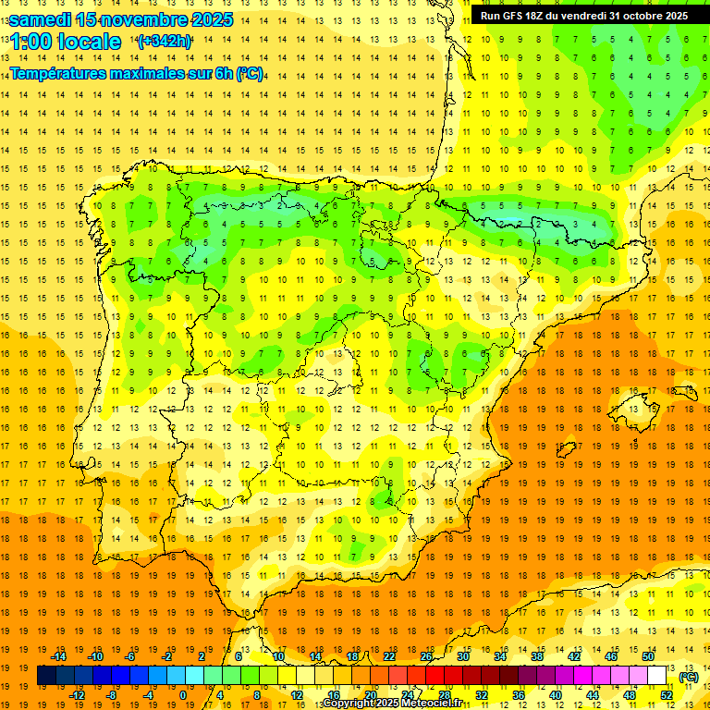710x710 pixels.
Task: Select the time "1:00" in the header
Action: tap(31, 42)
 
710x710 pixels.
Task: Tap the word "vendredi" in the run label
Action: tap(579, 16)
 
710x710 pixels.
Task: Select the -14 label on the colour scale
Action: tap(59, 656)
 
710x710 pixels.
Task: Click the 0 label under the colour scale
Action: tap(183, 695)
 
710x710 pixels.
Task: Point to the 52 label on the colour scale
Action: tap(667, 695)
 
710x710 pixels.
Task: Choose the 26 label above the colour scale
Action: tap(426, 656)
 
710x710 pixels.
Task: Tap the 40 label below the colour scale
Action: tap(556, 695)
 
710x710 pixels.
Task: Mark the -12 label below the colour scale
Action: tap(77, 695)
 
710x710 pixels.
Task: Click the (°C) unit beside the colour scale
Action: tap(688, 677)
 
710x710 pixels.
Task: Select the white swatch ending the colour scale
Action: tap(656, 676)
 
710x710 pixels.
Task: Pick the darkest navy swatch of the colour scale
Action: tap(46, 676)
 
